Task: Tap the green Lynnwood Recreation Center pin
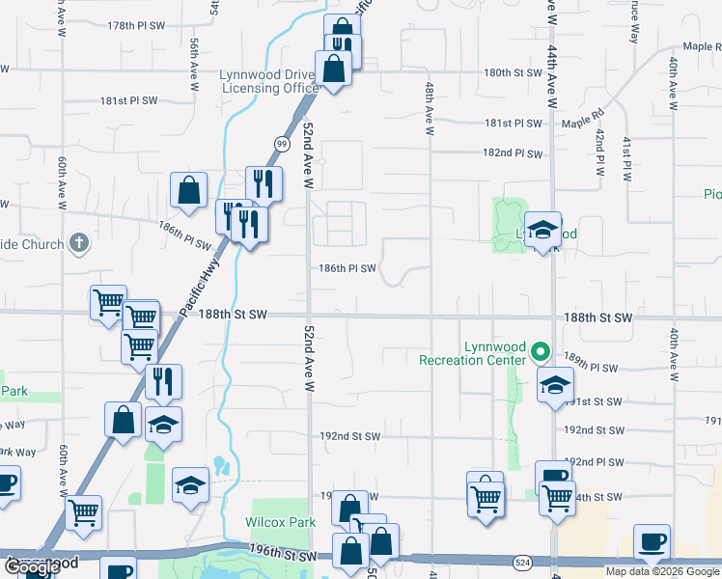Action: tap(541, 352)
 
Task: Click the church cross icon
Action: tap(79, 244)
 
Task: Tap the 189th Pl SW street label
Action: tap(591, 369)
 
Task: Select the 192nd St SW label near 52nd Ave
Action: tap(350, 436)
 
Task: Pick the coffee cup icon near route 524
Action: tap(652, 541)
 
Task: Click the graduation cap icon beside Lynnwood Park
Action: tap(542, 229)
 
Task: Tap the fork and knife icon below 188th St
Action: tap(162, 381)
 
